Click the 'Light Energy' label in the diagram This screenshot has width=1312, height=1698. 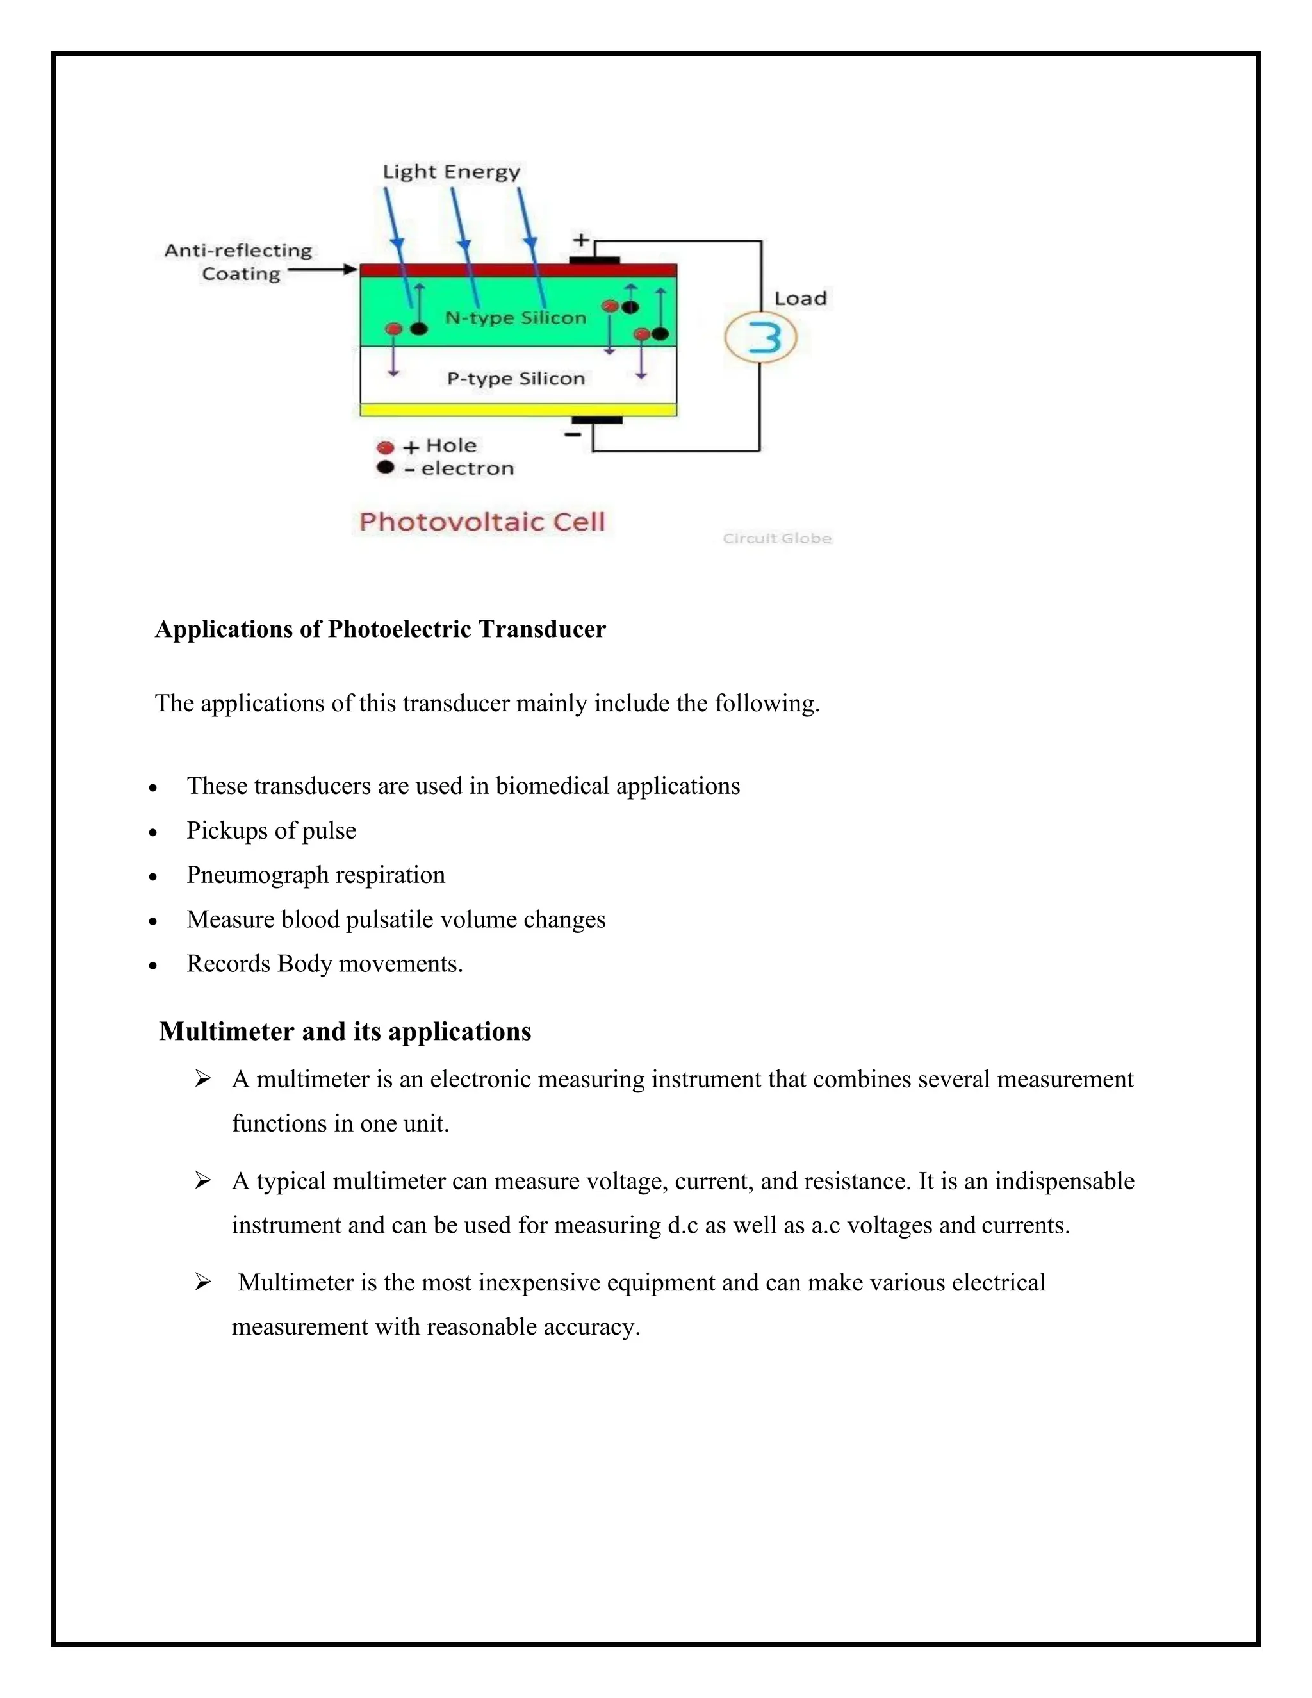451,172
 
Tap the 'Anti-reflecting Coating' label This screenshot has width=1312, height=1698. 238,262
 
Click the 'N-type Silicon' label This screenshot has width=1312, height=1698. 515,317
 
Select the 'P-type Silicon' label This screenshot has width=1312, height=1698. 515,379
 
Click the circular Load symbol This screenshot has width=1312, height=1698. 761,338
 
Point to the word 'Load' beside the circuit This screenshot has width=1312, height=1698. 799,299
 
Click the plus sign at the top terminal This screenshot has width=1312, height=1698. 582,240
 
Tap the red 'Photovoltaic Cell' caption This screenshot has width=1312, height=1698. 482,522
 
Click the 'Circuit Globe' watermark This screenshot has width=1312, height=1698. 776,538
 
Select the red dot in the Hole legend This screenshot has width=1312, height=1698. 385,447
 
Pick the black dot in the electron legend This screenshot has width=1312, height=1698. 385,467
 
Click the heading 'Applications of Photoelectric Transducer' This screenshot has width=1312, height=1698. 380,629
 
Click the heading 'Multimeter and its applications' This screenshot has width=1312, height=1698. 345,1032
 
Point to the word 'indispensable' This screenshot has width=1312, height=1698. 1064,1181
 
